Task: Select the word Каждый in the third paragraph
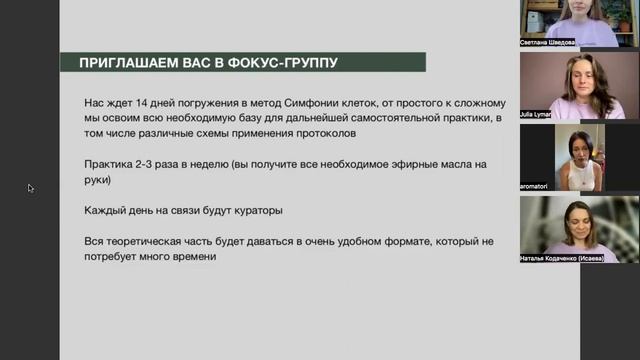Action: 108,210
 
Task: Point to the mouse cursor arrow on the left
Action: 30,187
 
